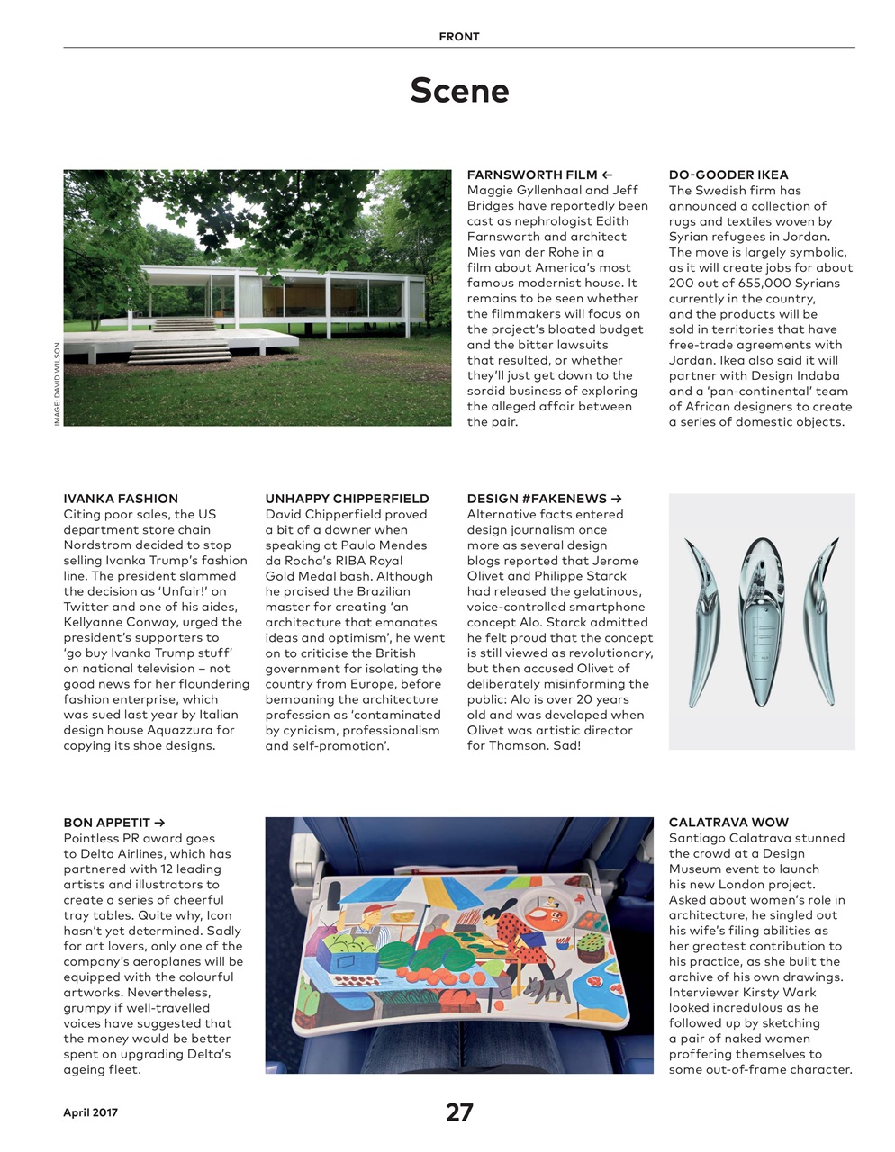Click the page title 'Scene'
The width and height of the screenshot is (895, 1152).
(459, 91)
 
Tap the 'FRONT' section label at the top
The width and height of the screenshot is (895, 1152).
(459, 37)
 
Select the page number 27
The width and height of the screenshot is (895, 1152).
(459, 1112)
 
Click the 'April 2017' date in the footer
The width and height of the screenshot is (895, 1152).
(90, 1112)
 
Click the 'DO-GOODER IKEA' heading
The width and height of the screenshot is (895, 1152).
(728, 175)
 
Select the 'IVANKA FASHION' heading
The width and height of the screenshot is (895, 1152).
(121, 499)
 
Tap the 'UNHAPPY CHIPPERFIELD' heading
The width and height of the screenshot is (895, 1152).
(347, 499)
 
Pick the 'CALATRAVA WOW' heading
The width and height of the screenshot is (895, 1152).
(728, 823)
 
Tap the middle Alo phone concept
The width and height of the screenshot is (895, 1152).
(762, 621)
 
